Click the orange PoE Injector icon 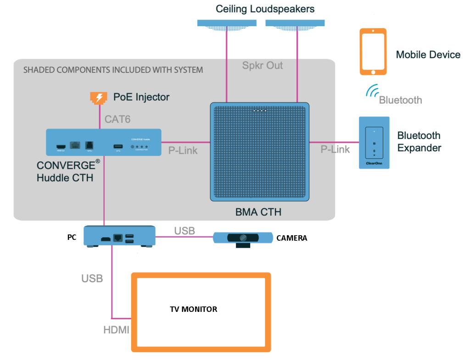click(x=98, y=98)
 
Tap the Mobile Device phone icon click(x=373, y=52)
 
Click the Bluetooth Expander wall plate click(x=374, y=143)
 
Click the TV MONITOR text click(x=193, y=309)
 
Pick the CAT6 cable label click(x=117, y=119)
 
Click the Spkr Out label click(x=263, y=66)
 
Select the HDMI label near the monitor click(x=116, y=330)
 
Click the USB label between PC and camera click(x=185, y=230)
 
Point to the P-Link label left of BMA click(x=183, y=150)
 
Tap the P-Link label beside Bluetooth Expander click(x=335, y=149)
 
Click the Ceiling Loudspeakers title click(x=265, y=9)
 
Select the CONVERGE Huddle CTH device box click(x=103, y=142)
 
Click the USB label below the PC click(x=92, y=278)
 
